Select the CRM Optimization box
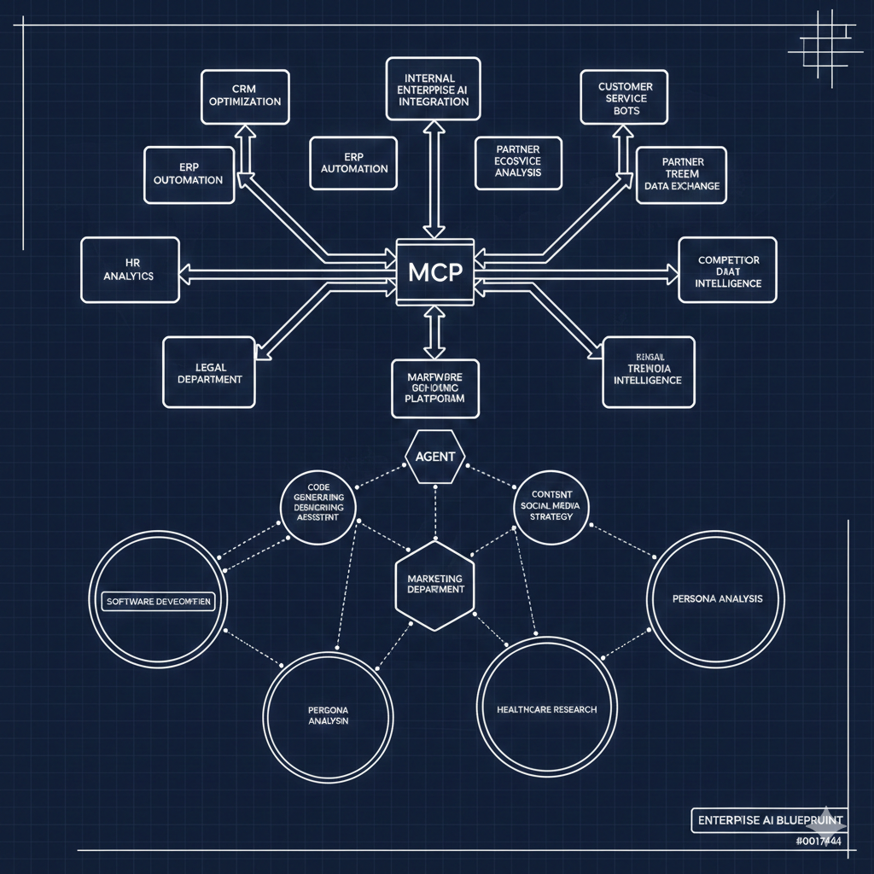point(244,95)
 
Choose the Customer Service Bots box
point(625,98)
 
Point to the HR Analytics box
point(130,270)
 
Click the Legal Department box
point(208,372)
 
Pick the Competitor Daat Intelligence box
point(727,271)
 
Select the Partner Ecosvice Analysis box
point(518,161)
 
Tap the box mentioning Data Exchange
point(681,174)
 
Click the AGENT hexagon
point(435,456)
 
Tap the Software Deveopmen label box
point(158,601)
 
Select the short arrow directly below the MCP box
point(434,331)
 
